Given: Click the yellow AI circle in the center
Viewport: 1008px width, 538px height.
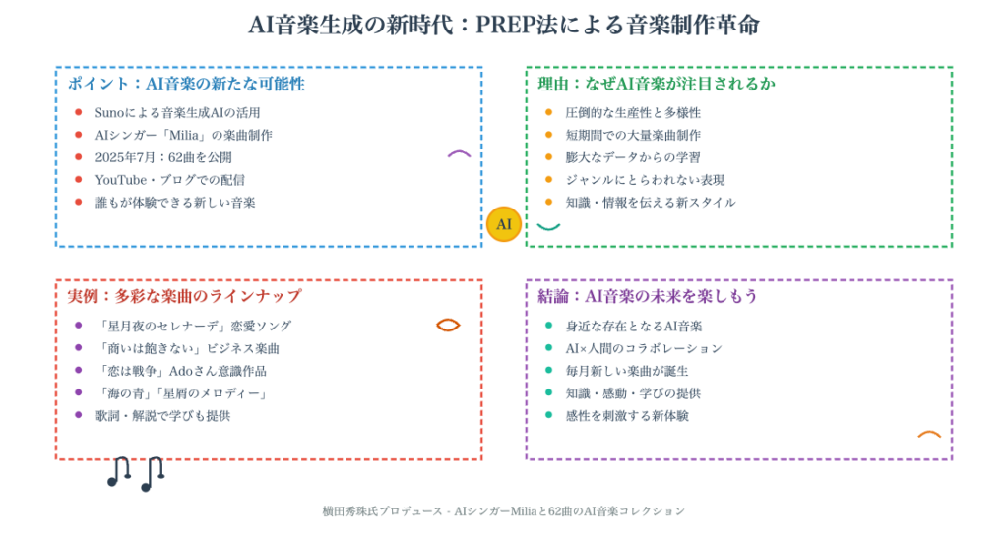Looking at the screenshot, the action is click(x=503, y=224).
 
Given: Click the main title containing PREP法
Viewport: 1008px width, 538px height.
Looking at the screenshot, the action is click(x=504, y=25).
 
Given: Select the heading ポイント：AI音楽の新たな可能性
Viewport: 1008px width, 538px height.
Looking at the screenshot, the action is click(x=186, y=84).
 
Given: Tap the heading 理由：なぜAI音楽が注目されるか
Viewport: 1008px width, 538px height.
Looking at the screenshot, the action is click(x=657, y=84).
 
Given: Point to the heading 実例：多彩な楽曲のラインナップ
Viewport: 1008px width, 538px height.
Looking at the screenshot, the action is click(x=184, y=296).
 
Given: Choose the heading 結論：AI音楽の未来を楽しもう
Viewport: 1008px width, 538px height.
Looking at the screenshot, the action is click(x=648, y=296).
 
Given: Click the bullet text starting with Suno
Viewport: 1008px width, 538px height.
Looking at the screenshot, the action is click(x=177, y=113).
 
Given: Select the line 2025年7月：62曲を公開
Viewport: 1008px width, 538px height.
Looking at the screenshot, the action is click(x=163, y=158).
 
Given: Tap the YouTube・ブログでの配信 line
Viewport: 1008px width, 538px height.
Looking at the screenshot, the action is click(x=169, y=180).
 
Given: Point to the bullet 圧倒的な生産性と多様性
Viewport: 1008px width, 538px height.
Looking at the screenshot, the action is click(x=633, y=113).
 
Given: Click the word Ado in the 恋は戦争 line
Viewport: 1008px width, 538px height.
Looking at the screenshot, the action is click(x=181, y=371).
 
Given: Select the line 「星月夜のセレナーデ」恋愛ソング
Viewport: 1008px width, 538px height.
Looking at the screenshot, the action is click(x=193, y=327).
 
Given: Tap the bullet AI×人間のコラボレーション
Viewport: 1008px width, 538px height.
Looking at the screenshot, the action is click(x=644, y=348).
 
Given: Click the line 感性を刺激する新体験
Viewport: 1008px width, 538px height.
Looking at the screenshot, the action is click(x=627, y=416).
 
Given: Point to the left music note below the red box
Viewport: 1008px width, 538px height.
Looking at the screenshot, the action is click(x=119, y=472).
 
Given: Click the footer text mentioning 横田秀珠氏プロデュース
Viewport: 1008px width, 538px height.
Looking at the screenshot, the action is click(x=503, y=511).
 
